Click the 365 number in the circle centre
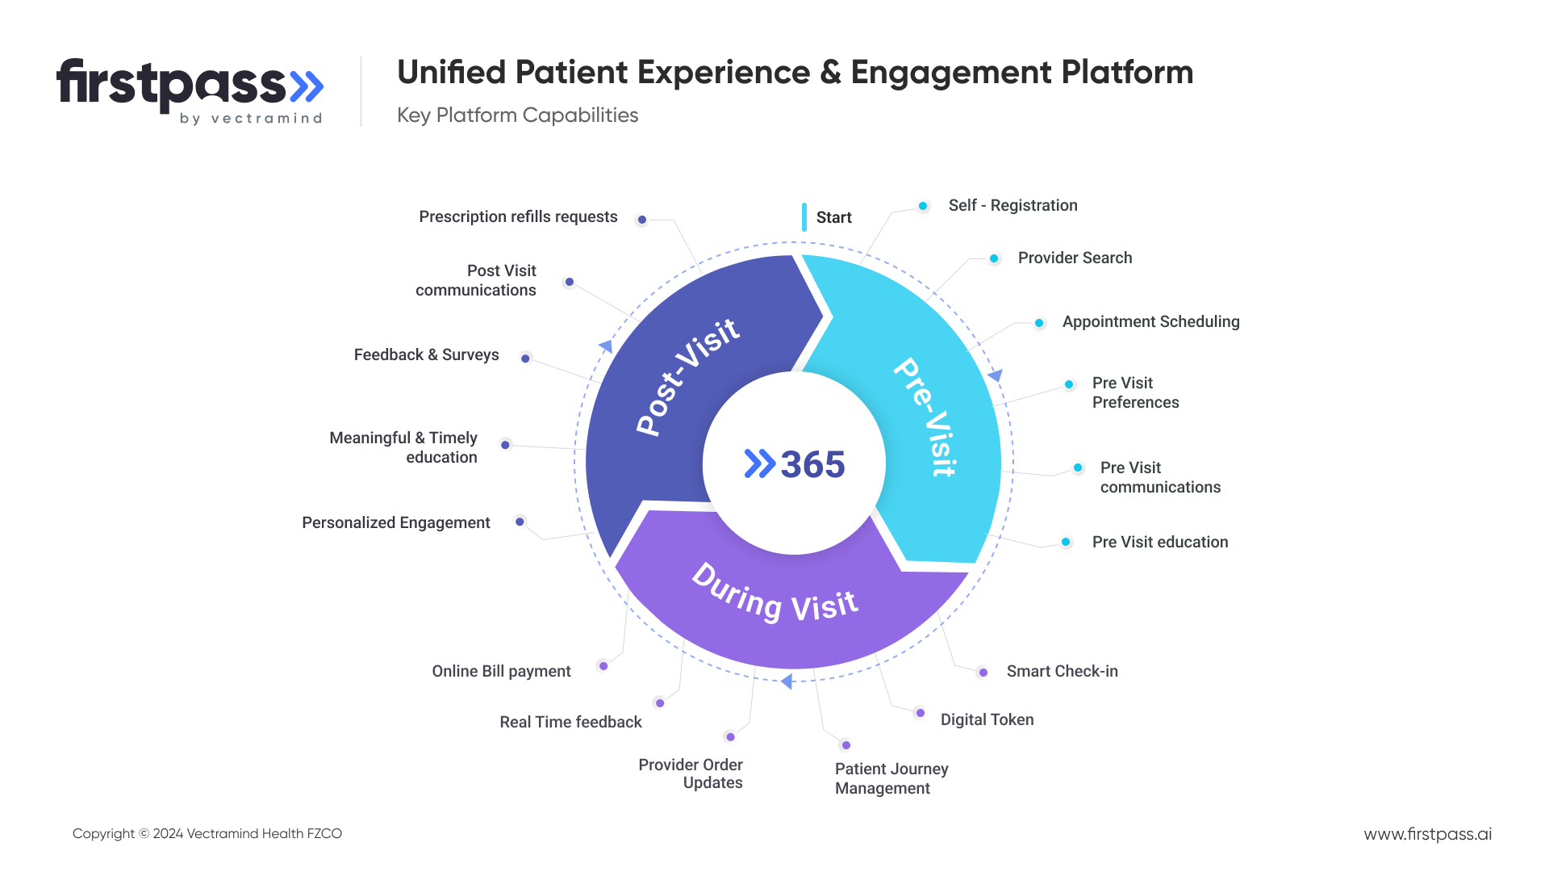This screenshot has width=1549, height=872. (812, 465)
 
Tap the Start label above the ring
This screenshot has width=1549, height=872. (833, 218)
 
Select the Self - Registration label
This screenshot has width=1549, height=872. (1012, 206)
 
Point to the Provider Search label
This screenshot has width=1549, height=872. (1075, 258)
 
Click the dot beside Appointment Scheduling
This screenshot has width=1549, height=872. (1039, 323)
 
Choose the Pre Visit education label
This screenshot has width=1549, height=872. (1159, 543)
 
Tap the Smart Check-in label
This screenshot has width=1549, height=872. (1062, 672)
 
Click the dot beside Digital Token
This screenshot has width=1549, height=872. (921, 713)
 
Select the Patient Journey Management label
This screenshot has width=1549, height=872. (891, 778)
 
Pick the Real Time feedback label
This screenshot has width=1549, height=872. (570, 723)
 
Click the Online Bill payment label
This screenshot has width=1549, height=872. (501, 672)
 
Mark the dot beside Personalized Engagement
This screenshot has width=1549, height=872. (520, 522)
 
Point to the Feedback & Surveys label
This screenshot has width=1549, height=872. (426, 355)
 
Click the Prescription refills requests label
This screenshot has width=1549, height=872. (518, 217)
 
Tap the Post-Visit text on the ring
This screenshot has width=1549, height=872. (687, 377)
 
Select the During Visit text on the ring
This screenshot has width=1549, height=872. (774, 594)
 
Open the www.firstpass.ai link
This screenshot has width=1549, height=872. (1427, 834)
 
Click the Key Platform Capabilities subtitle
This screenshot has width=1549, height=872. (517, 115)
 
